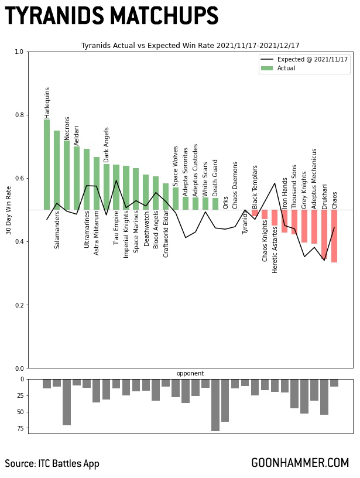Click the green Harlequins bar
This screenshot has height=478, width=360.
[47, 165]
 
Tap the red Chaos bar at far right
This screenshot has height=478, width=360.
[334, 236]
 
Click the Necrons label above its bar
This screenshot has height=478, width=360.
[67, 128]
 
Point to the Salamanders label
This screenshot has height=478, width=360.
[57, 230]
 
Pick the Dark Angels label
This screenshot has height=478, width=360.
[107, 144]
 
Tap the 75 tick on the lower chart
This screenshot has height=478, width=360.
[19, 429]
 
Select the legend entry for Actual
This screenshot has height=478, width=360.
[286, 69]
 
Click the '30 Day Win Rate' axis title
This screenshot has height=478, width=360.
[9, 210]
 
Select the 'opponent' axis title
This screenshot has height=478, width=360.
[190, 374]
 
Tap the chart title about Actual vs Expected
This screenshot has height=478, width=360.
[190, 46]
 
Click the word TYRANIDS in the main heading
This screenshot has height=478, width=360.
[50, 16]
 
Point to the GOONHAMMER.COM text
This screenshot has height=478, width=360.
[300, 463]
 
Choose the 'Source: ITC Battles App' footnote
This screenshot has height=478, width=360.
[52, 464]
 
